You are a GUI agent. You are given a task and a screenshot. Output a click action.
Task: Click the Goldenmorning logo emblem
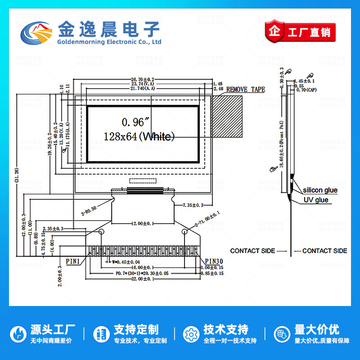[x=37, y=33]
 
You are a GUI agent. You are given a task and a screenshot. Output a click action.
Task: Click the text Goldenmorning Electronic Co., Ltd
[x=109, y=42]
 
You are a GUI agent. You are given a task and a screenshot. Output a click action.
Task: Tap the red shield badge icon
[x=274, y=32]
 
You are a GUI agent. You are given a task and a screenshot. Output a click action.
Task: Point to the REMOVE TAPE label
[x=245, y=90]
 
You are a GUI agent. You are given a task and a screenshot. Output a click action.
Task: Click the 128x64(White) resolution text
[x=139, y=136]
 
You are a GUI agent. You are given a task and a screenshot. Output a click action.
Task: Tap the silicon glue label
[x=319, y=190]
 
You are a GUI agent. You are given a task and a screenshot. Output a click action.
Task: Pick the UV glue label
[x=315, y=200]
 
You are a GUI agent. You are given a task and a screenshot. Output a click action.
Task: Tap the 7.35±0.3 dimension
[x=193, y=205]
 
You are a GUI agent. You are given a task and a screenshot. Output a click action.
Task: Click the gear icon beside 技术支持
[x=191, y=334]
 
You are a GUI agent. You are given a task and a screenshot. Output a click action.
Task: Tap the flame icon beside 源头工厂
[x=18, y=334]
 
